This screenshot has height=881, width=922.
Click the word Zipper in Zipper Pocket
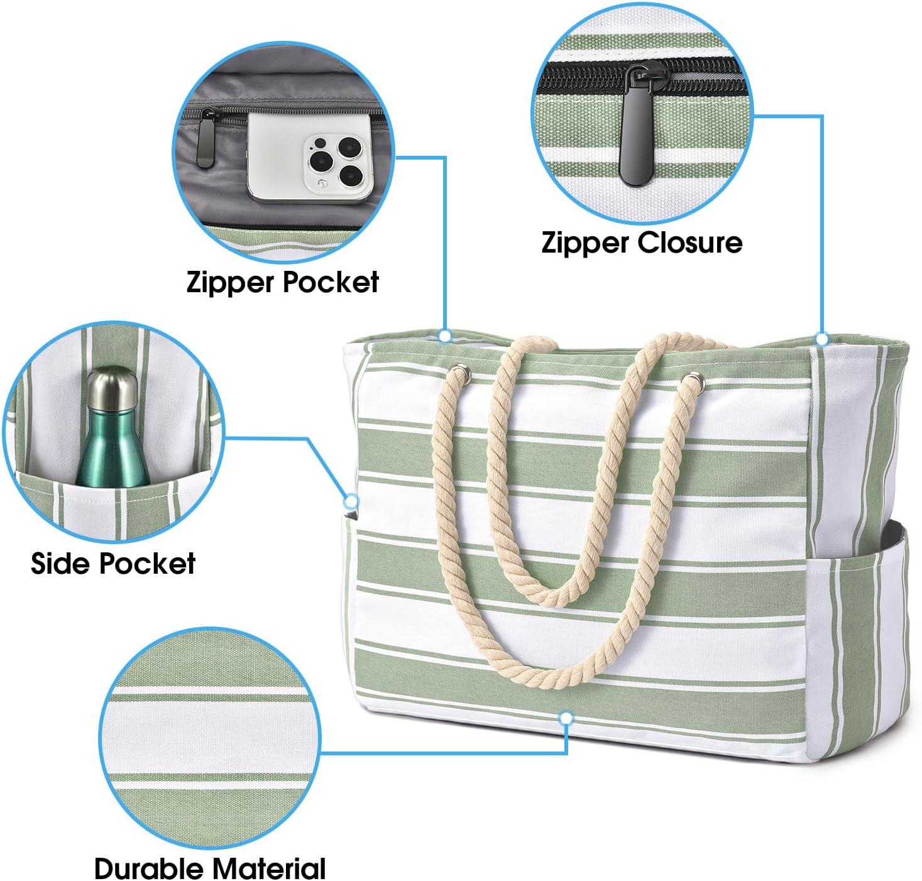tap(231, 283)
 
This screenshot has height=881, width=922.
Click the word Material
tap(268, 868)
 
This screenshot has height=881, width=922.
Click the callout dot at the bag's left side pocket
tap(351, 501)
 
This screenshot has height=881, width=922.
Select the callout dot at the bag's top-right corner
tap(822, 339)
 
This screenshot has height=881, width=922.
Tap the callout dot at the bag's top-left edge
tap(444, 336)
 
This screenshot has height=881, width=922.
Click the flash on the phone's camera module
tap(322, 183)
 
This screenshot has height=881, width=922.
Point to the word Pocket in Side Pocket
tap(147, 563)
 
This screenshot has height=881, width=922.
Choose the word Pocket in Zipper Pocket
tap(331, 282)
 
